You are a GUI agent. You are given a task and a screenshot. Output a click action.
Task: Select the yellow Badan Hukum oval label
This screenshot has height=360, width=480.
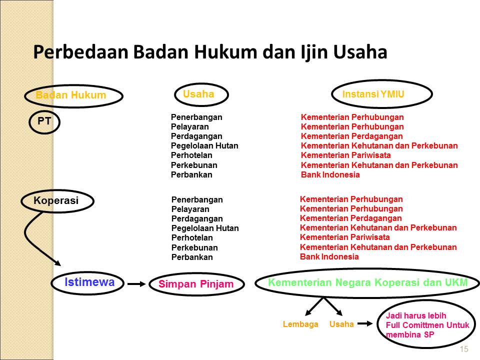[71, 95]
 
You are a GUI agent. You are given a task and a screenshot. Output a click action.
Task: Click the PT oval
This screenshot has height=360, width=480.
[44, 121]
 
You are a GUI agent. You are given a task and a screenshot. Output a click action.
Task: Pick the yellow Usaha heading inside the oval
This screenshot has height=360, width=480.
[198, 94]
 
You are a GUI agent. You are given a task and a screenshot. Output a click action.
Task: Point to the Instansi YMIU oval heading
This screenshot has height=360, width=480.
[373, 94]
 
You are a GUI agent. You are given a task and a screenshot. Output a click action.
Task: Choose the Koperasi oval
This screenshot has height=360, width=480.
[56, 201]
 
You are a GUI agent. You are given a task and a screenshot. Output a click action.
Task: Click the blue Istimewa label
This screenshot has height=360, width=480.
[89, 282]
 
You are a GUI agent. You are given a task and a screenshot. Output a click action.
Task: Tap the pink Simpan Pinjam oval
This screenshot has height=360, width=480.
[196, 284]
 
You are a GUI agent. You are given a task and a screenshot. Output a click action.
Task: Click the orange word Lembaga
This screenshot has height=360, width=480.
[300, 324]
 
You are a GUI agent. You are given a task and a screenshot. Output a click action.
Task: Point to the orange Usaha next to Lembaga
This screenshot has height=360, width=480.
[341, 324]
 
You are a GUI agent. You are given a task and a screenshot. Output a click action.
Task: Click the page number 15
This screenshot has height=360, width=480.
[463, 349]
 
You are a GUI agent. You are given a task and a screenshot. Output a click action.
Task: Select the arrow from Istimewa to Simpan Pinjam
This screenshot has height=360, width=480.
[136, 284]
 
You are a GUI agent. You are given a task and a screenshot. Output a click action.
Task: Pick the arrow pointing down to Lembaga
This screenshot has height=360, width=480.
[315, 306]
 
